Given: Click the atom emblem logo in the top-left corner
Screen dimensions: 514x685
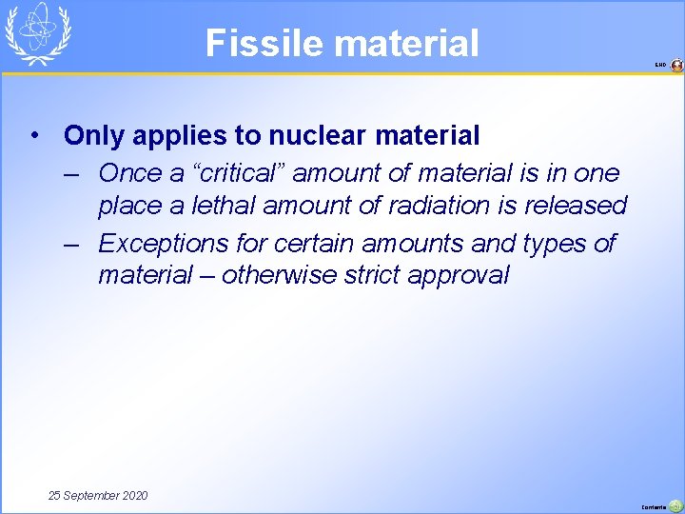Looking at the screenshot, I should (x=37, y=33).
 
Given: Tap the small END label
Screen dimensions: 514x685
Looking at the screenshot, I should (x=660, y=65).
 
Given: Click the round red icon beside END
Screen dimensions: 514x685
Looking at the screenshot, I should (x=676, y=65).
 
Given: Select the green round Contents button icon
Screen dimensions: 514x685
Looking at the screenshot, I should (x=675, y=505).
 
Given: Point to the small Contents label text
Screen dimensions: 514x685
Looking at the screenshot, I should (x=655, y=506).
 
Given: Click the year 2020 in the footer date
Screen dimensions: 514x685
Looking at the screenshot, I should (x=133, y=496).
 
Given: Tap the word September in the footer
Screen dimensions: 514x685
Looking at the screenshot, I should (x=91, y=496).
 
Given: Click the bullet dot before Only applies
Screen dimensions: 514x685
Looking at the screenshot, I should (x=33, y=136).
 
